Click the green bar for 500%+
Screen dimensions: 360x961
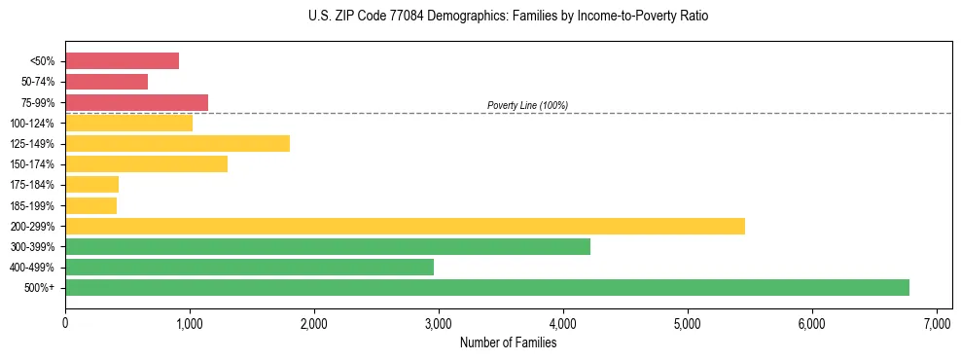coord(486,287)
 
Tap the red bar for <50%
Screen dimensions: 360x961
coord(122,60)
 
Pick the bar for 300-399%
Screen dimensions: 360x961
coord(328,246)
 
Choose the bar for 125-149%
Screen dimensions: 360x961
coord(177,143)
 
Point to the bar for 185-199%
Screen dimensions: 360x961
coord(90,205)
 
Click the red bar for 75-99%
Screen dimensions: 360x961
coord(136,102)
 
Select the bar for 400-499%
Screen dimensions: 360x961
coord(249,267)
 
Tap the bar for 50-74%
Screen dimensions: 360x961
coord(106,82)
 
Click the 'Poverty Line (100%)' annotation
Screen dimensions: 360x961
coord(527,105)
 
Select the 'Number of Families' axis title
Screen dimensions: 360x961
coord(508,342)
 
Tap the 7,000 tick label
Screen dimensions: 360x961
coord(936,323)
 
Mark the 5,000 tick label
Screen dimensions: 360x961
coord(687,323)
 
